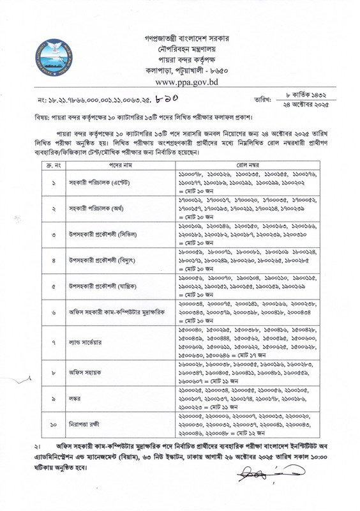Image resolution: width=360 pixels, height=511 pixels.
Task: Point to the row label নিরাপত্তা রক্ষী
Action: coord(84,433)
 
